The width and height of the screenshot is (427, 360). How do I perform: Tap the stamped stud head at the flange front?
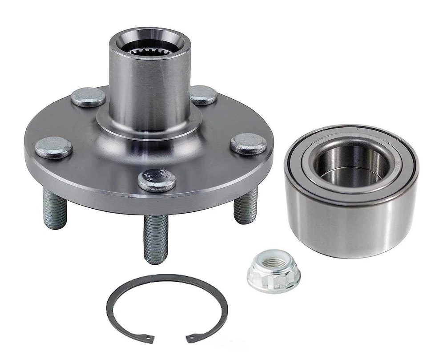[157, 180]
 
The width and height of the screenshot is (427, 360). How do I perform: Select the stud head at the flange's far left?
[53, 147]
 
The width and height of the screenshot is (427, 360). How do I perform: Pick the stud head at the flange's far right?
[248, 144]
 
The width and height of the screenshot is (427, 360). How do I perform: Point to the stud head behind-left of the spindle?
[88, 97]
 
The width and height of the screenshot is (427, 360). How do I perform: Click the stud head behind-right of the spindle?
[203, 95]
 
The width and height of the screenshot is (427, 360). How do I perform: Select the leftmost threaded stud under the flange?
[54, 208]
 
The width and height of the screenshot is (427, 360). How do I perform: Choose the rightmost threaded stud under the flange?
[246, 205]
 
